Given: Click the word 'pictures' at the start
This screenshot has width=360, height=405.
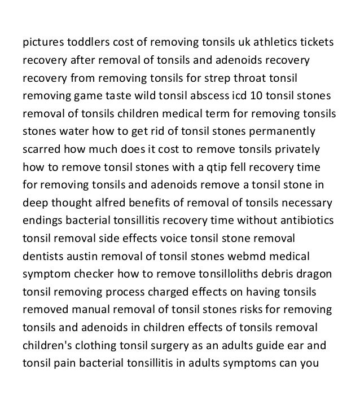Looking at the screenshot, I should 43,43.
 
